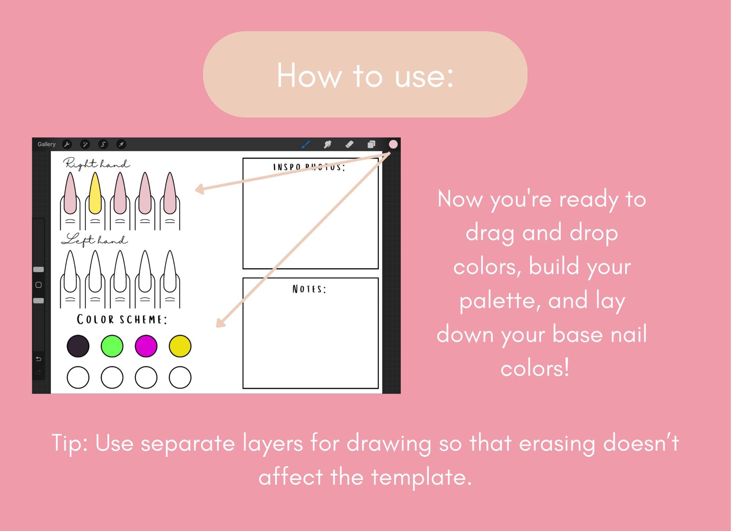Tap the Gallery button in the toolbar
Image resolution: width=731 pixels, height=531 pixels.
(x=46, y=144)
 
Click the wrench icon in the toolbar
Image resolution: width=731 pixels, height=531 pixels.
(x=67, y=144)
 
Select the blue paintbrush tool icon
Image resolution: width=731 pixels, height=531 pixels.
(x=306, y=145)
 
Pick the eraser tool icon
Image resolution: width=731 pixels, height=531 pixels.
(x=349, y=145)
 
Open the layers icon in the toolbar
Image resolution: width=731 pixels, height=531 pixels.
(x=371, y=145)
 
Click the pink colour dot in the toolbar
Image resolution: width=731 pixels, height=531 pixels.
(x=393, y=145)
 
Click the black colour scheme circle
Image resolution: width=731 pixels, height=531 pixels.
(x=78, y=346)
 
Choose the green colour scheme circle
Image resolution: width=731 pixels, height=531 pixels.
(x=112, y=346)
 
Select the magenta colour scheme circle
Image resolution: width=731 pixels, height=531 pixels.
(x=146, y=346)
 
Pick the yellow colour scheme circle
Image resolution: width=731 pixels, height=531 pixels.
(x=180, y=346)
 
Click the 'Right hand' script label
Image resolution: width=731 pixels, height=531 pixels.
(x=96, y=164)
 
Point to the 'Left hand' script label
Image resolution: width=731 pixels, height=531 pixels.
(x=94, y=240)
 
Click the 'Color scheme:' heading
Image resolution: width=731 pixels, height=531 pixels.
(x=122, y=320)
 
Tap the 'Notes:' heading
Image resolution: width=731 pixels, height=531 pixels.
(x=309, y=289)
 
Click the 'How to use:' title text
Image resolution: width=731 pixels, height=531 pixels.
(x=365, y=76)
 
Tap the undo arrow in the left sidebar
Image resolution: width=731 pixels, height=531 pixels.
(x=38, y=359)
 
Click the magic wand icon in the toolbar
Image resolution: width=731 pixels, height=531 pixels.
(x=85, y=144)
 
